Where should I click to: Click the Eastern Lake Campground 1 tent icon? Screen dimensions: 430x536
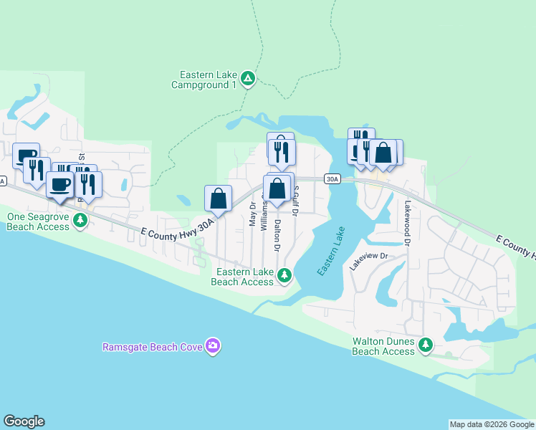click(247, 78)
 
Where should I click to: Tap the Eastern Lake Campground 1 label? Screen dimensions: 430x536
click(204, 79)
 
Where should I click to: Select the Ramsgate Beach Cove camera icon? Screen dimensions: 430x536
click(212, 346)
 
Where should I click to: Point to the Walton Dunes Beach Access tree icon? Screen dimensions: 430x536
click(426, 345)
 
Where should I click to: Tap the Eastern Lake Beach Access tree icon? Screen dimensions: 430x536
click(284, 275)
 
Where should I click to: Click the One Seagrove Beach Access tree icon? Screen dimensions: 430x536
click(80, 220)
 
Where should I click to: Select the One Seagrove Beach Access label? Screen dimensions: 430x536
click(38, 221)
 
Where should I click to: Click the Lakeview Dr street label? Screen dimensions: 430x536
click(368, 260)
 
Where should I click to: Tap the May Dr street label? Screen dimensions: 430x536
click(252, 214)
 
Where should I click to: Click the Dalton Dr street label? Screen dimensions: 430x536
click(277, 235)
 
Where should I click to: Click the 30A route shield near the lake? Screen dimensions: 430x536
click(332, 178)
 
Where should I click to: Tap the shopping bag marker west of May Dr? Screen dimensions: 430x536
click(219, 199)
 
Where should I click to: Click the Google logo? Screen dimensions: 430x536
click(24, 421)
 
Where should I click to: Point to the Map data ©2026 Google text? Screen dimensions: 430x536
click(491, 424)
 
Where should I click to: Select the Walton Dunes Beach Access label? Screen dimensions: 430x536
click(383, 347)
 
